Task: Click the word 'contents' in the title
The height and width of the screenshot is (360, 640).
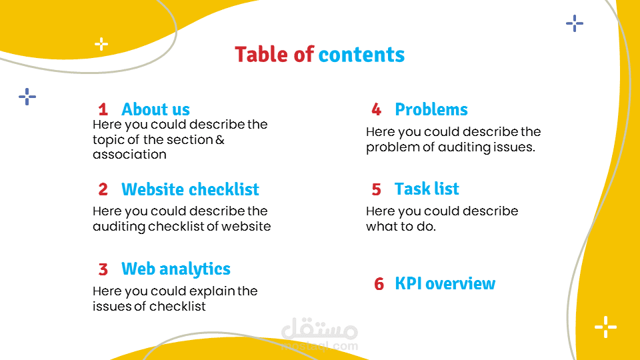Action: [x=361, y=55]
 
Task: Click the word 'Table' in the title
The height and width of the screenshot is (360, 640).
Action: [x=261, y=55]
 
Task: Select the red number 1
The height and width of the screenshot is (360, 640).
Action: [x=103, y=109]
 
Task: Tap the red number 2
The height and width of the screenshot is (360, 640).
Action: [x=103, y=189]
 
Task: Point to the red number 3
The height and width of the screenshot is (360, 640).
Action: [x=103, y=269]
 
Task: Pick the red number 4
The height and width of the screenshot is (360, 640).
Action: [x=376, y=109]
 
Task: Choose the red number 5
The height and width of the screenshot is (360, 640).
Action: [x=376, y=189]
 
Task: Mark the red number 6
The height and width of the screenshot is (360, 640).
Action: [x=379, y=284]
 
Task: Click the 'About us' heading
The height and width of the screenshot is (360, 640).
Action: [x=155, y=109]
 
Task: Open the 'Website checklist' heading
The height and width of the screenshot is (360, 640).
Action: [x=190, y=189]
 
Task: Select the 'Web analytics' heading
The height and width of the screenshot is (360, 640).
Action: [x=176, y=269]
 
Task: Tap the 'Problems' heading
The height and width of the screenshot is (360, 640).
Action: [x=431, y=109]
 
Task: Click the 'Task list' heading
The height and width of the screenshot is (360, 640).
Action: [x=427, y=189]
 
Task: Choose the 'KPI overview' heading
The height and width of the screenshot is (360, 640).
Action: [x=445, y=284]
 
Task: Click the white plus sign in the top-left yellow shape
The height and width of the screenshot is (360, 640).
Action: [x=101, y=44]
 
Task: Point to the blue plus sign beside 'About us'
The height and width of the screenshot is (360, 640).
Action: [x=27, y=97]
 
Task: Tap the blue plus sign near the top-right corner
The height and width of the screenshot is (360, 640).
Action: [x=575, y=24]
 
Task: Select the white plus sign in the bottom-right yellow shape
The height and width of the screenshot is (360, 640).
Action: [x=606, y=327]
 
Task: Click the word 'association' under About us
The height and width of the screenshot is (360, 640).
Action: [x=129, y=155]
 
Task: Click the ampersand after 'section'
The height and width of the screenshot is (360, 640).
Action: [x=220, y=139]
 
